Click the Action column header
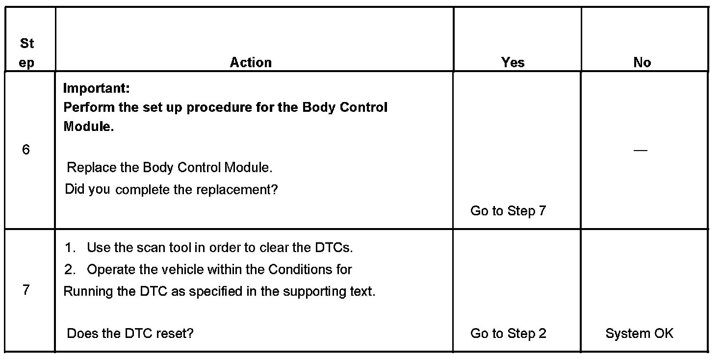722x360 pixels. (x=251, y=62)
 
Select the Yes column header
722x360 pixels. (x=513, y=62)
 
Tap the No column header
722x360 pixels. (x=642, y=62)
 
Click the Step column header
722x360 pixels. (x=27, y=53)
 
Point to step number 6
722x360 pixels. (x=26, y=150)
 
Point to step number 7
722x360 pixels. (x=26, y=290)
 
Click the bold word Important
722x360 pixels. (x=97, y=89)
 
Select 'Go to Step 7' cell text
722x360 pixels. (x=508, y=211)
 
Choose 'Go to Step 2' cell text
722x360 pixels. (x=508, y=334)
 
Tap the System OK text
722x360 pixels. (x=639, y=334)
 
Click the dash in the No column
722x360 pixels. (x=640, y=150)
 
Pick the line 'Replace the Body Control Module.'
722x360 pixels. (x=169, y=168)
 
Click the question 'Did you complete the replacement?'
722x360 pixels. (x=171, y=189)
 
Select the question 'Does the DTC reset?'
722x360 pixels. (x=130, y=334)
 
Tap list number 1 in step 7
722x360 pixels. (x=70, y=248)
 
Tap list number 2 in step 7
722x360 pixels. (x=70, y=270)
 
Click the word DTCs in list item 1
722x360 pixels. (x=333, y=248)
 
